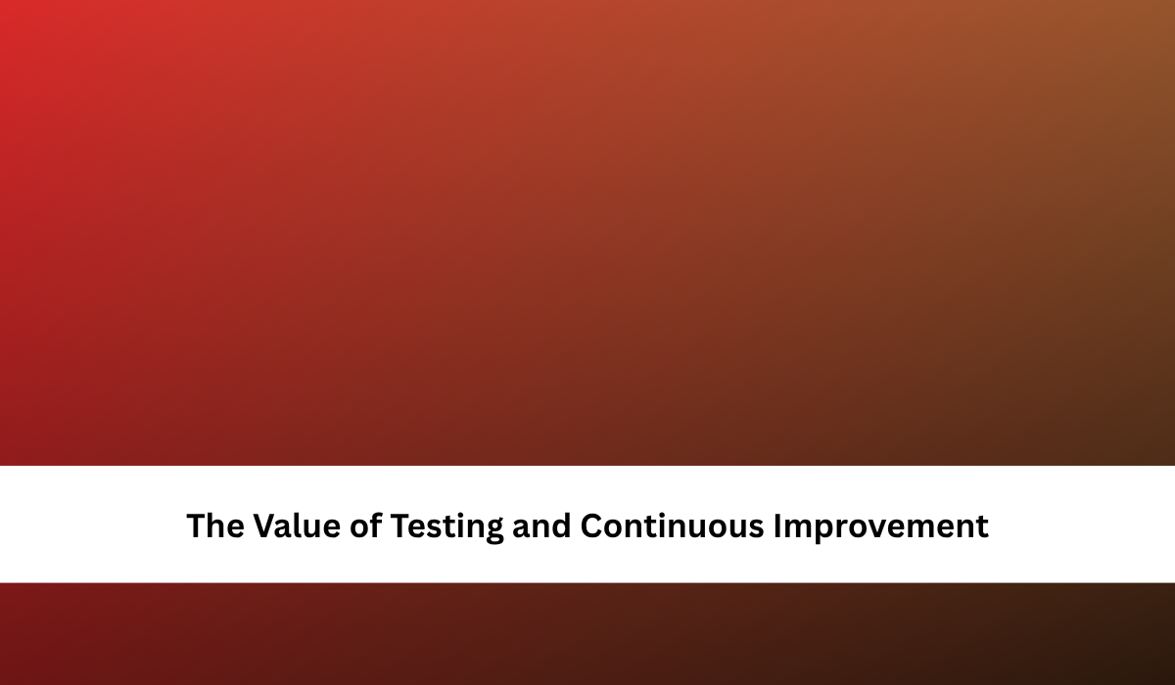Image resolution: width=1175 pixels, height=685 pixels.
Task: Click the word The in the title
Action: pos(215,525)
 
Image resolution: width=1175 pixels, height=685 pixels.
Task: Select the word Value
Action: pos(297,525)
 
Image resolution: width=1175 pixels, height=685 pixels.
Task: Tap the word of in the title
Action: pos(365,525)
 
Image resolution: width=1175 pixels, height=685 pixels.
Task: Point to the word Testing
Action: pos(446,527)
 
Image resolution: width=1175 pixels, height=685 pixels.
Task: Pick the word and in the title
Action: pos(541,525)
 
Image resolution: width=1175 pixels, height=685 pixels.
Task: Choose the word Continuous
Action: pos(672,525)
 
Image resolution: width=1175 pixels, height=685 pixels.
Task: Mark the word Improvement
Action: pos(881,527)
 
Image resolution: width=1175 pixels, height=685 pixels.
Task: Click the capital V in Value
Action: pos(266,525)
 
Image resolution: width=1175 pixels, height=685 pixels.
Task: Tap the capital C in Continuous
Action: pos(591,525)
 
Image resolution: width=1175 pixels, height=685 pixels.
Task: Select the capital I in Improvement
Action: pos(777,525)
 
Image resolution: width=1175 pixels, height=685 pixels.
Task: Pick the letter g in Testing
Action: pos(493,531)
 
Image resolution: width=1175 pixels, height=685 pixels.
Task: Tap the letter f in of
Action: pos(376,525)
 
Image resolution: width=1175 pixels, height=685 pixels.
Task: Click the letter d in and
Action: pos(561,525)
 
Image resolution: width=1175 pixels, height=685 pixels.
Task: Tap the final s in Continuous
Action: pos(756,528)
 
